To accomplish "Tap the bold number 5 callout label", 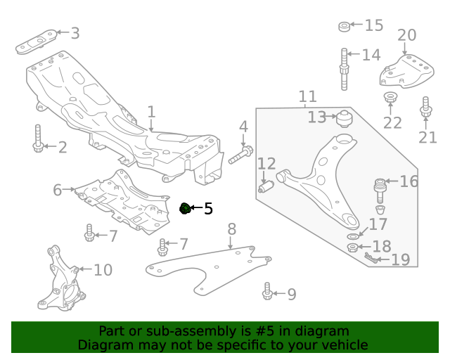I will coord(208,209).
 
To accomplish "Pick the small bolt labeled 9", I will coord(267,291).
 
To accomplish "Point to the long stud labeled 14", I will coord(345,68).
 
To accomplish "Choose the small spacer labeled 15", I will coord(345,27).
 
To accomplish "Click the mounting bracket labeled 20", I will coord(405,70).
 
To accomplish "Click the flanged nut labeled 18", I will coord(353,247).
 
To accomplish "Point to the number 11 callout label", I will coord(307,96).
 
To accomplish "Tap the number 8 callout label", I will coord(231,229).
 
